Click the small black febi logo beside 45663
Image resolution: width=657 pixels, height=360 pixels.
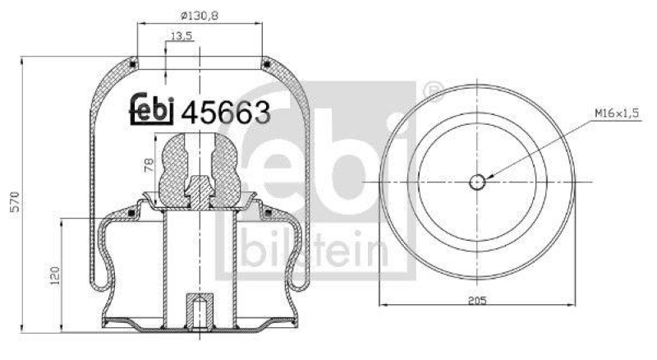coord(153,109)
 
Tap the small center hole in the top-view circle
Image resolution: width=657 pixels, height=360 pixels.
coord(478,181)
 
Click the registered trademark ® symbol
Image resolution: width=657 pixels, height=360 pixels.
coord(433,88)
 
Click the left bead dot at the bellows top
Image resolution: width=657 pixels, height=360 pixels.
coord(134,58)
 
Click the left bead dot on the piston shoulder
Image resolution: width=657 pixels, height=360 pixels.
coord(131,215)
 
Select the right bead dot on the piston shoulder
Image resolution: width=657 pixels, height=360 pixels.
coord(268,215)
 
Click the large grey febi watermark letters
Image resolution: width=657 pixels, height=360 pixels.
coord(316,156)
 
